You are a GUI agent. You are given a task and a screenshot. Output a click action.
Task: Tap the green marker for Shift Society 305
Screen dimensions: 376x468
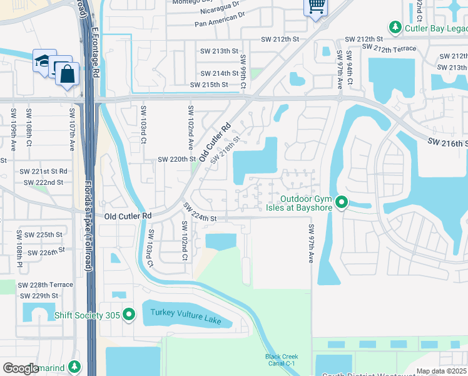(x=130, y=314)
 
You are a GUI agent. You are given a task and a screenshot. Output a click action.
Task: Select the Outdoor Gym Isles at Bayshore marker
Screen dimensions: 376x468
(x=342, y=202)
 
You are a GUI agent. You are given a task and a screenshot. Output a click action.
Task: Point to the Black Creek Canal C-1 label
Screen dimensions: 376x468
(x=281, y=360)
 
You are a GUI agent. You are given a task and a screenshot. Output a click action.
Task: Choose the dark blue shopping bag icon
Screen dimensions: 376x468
(x=67, y=74)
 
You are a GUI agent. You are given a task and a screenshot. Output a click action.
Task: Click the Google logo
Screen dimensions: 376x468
(x=21, y=368)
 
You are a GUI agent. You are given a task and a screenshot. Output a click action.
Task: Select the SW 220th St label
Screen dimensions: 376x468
(x=177, y=160)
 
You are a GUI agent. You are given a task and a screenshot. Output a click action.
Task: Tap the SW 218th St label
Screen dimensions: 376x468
(x=225, y=150)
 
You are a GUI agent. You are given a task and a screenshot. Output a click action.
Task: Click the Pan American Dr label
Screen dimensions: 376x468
(x=217, y=23)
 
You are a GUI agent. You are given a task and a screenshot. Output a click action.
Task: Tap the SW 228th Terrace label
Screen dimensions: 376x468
(x=46, y=285)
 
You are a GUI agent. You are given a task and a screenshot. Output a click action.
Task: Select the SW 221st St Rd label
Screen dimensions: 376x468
(x=43, y=171)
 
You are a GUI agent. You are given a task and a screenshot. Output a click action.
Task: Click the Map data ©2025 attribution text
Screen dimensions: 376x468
(x=441, y=371)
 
